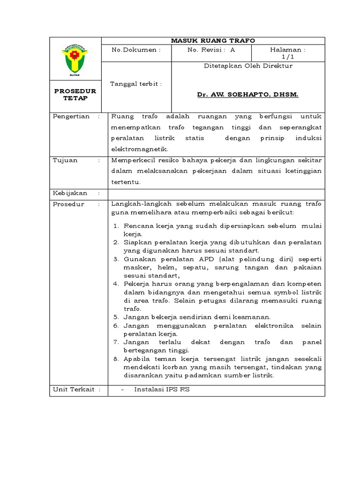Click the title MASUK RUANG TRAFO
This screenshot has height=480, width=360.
pos(213,41)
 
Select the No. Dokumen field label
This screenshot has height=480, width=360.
pos(136,50)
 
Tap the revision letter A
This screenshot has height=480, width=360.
pos(233,50)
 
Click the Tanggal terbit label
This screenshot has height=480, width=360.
pos(136,84)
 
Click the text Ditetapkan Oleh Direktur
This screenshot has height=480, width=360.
pos(248,66)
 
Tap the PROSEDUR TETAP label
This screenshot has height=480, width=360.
pos(75,95)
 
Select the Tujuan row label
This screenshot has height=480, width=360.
pos(65,160)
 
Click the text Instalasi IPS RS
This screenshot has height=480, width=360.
pos(162,390)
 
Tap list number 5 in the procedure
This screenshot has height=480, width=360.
pos(117,317)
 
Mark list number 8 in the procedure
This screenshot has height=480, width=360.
pos(117,359)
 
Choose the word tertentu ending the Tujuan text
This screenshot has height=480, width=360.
pos(126,182)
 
